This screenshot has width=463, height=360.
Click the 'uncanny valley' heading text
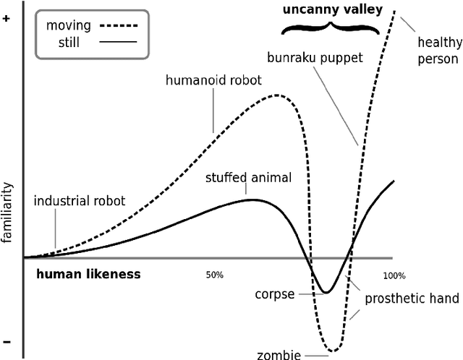click(326, 10)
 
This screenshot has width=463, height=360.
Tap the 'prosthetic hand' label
click(412, 299)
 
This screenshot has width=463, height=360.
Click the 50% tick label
click(215, 275)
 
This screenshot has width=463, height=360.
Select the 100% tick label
click(394, 275)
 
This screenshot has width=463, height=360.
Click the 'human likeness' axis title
click(88, 275)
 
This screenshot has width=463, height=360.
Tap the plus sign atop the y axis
click(7, 20)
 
